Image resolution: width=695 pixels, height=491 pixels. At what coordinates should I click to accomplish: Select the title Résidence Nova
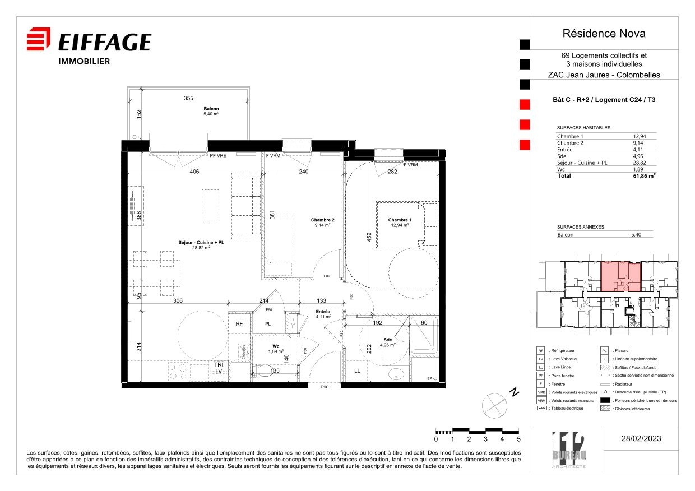click(604, 34)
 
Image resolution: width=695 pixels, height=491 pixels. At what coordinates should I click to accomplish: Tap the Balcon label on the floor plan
click(211, 109)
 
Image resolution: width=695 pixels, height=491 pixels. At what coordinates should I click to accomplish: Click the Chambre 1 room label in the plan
click(400, 220)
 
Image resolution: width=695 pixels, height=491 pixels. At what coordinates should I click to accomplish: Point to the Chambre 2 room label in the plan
click(323, 220)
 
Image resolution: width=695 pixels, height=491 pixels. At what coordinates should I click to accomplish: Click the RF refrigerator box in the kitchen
click(239, 324)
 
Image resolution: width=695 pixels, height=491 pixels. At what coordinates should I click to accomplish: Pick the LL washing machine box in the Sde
click(357, 371)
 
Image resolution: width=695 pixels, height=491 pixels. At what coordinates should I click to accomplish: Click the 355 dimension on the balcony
click(188, 98)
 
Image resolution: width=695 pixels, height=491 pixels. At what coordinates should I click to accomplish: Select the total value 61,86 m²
click(644, 175)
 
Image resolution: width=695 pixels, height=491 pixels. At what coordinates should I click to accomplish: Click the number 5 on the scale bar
click(519, 439)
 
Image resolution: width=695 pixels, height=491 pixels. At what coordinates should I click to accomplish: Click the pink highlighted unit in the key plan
click(620, 275)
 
